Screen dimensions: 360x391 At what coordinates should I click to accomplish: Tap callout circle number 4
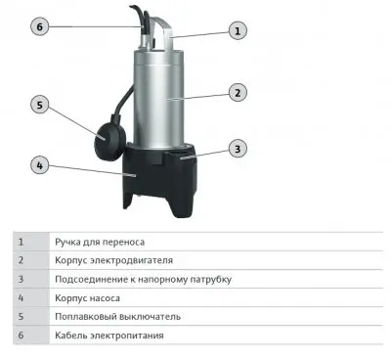tap(40, 164)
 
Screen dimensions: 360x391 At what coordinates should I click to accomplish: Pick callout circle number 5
tap(40, 104)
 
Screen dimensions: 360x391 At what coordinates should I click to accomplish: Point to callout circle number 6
tap(40, 26)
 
